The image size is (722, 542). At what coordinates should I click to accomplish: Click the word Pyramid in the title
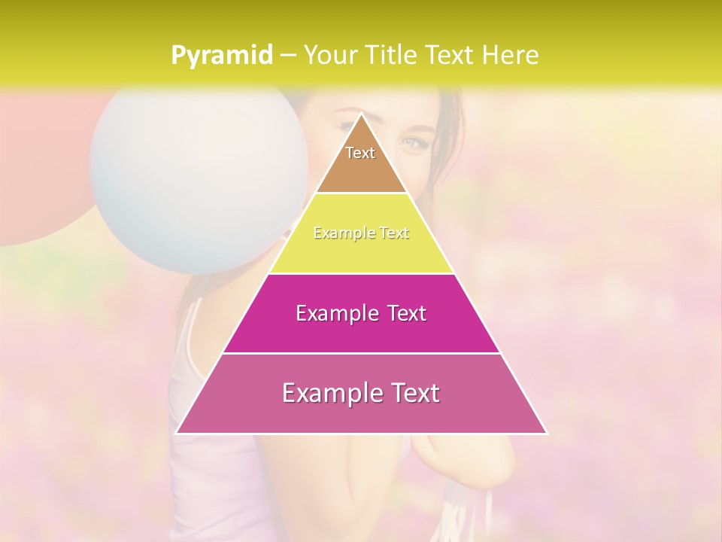point(221,56)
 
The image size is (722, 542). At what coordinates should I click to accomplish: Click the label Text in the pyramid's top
point(360,153)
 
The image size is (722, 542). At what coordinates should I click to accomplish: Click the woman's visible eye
point(411,142)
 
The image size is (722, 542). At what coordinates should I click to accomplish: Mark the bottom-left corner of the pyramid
point(176,434)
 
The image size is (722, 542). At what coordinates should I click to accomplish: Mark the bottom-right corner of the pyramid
point(547,434)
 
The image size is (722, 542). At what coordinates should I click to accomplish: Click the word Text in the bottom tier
point(414,393)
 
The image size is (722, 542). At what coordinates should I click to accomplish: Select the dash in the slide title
point(287,56)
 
